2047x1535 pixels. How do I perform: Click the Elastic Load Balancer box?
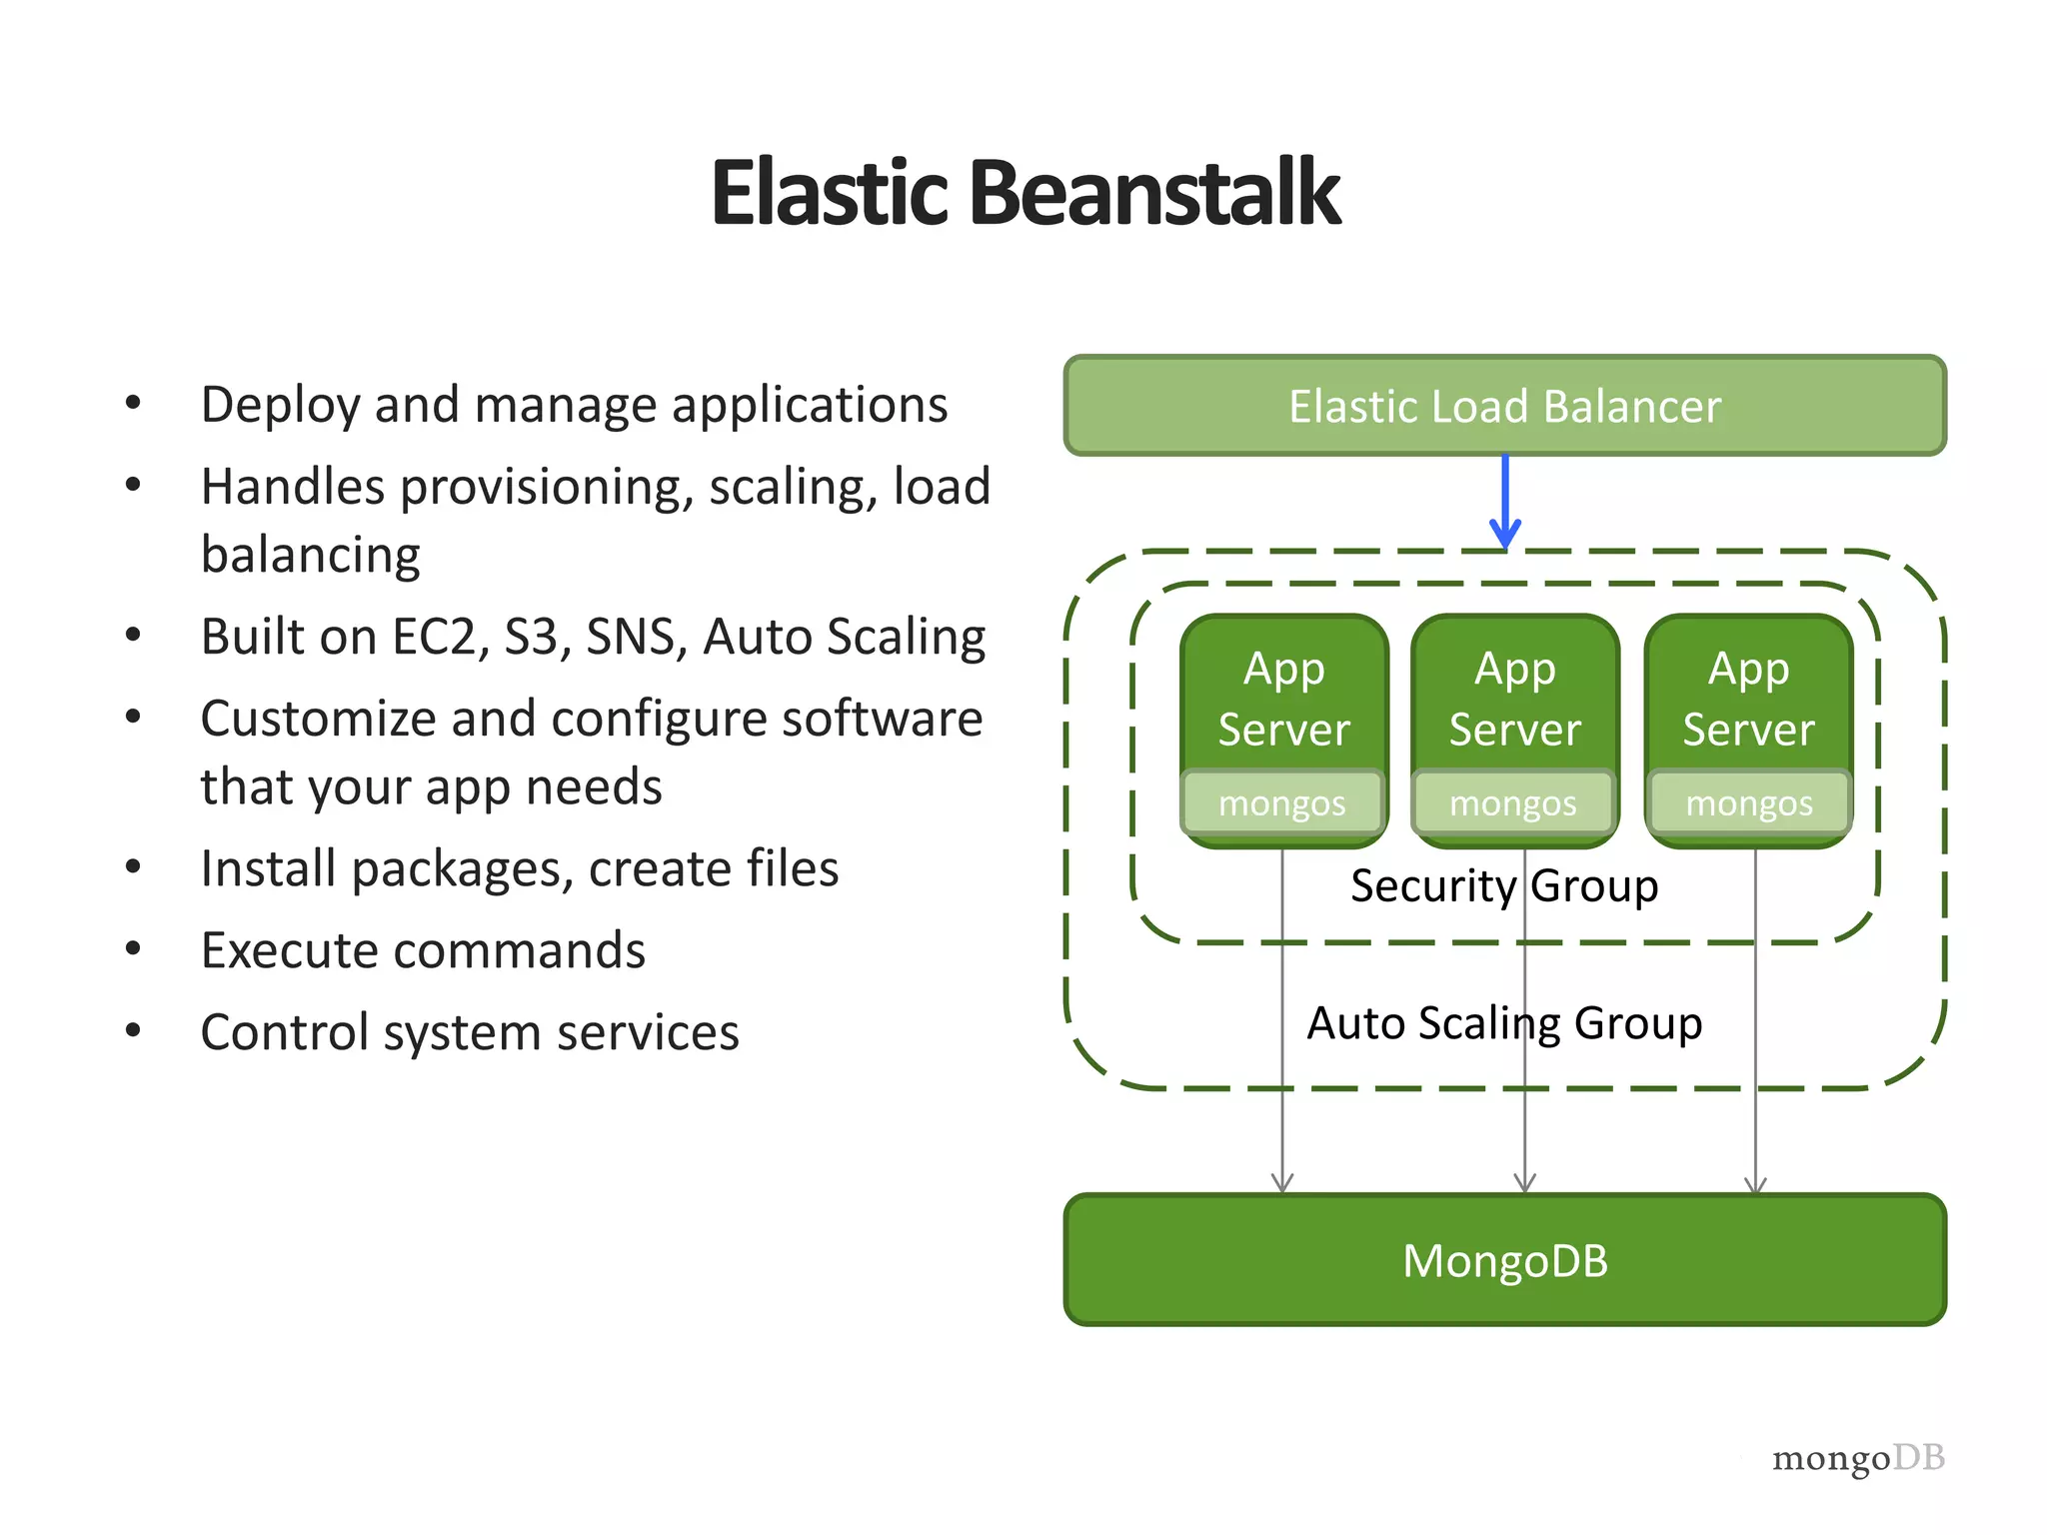tap(1504, 406)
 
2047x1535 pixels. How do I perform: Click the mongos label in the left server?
tap(1282, 803)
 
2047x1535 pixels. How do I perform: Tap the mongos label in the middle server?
tap(1513, 803)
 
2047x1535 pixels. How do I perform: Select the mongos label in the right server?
tap(1749, 803)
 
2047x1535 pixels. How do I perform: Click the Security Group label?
tap(1503, 886)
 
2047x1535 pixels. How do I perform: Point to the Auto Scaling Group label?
tap(1504, 1023)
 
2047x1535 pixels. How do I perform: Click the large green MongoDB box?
tap(1504, 1260)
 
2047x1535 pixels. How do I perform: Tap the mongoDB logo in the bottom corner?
tap(1858, 1458)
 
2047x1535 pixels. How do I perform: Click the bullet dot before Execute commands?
tap(133, 949)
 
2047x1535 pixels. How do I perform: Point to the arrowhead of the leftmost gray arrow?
tap(1282, 1184)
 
